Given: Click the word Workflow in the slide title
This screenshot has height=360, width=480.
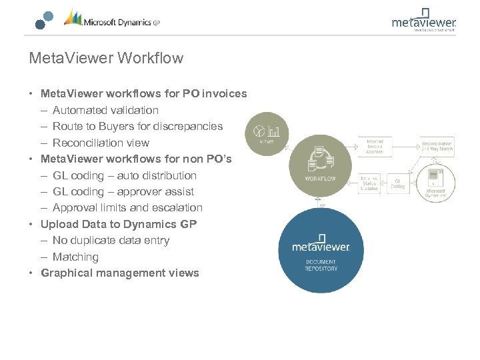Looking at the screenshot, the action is tap(150, 58).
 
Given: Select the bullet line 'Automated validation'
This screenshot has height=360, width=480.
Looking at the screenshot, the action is tap(105, 110).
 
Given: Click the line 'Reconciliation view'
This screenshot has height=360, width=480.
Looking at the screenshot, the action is tap(101, 143).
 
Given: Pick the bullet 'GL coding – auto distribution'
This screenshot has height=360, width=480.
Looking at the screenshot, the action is tap(124, 175).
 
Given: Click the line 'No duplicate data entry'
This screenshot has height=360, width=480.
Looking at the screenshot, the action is tap(111, 240).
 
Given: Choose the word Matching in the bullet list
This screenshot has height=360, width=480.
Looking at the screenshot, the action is tap(75, 257).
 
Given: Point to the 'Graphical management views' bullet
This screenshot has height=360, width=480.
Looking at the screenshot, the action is tap(120, 273).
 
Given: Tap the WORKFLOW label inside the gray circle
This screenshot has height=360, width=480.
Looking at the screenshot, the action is tap(320, 179).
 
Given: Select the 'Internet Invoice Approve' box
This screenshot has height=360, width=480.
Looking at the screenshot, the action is tap(375, 147).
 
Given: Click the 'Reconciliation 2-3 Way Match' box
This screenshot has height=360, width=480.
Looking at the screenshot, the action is tap(437, 146).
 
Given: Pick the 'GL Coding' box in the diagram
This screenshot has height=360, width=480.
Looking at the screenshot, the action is tap(397, 183).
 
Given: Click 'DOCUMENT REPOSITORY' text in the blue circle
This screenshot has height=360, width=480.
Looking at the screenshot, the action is tap(321, 265).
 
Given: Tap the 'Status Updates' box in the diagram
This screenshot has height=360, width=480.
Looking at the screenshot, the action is tap(369, 183).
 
